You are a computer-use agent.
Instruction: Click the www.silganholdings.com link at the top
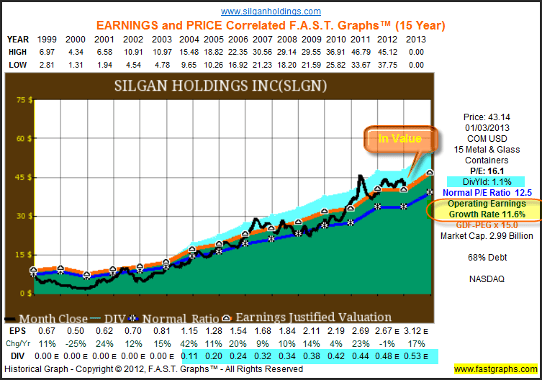click(271, 12)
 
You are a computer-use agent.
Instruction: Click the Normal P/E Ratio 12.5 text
click(489, 194)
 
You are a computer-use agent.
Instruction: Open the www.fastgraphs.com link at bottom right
click(495, 369)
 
